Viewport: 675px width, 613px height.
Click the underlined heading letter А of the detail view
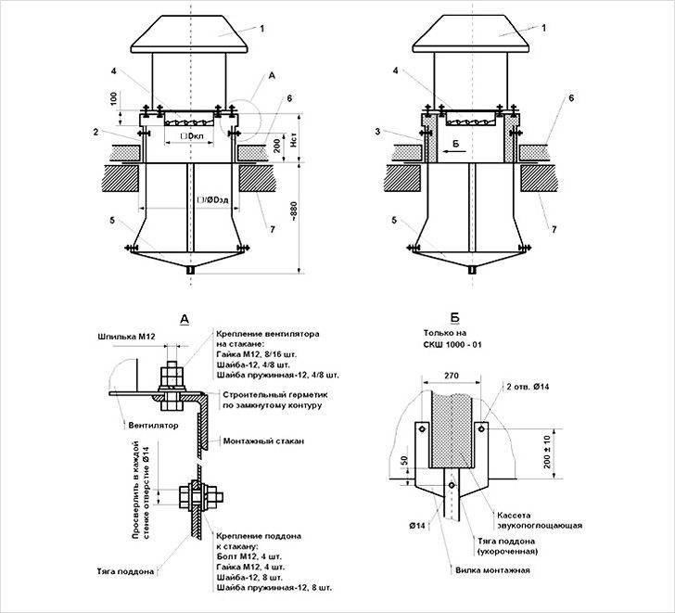184,319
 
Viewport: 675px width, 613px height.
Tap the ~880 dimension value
294,216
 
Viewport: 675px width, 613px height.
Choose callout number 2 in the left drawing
108,133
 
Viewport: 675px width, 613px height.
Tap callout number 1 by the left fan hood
261,29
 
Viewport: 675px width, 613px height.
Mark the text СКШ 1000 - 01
454,345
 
